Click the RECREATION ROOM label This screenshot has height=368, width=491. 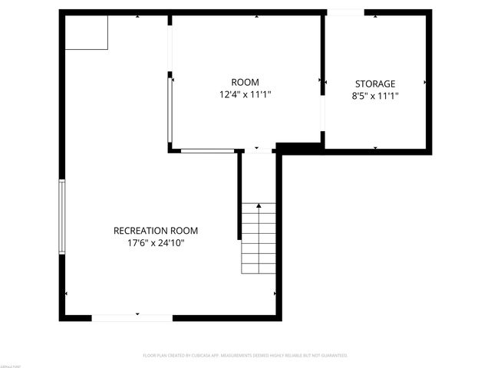(156, 230)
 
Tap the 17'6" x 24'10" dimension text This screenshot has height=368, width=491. (156, 243)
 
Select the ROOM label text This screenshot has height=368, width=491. (245, 82)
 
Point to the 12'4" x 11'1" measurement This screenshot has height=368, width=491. (245, 95)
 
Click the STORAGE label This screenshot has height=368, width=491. (375, 84)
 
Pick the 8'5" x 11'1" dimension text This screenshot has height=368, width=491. (375, 97)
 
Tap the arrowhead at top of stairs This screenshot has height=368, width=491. (259, 205)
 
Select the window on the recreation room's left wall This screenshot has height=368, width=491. (62, 217)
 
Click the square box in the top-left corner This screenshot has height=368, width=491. (87, 32)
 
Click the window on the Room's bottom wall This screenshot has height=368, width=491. (207, 150)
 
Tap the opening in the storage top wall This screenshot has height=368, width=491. (345, 12)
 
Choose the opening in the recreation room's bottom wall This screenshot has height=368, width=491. (132, 317)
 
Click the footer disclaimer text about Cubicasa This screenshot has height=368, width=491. (245, 356)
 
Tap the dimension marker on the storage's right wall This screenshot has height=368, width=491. (426, 82)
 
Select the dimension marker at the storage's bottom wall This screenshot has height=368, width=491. (375, 146)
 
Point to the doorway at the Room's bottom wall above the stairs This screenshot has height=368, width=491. (259, 150)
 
